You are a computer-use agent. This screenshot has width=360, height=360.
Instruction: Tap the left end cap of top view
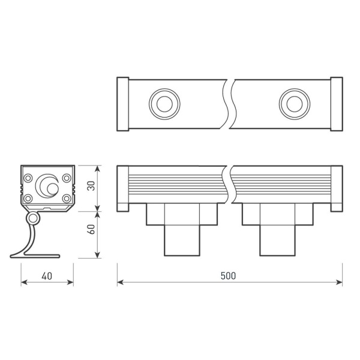point(122,104)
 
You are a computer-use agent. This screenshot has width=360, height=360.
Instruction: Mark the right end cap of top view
point(336,104)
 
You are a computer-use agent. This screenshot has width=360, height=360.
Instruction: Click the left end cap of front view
point(122,188)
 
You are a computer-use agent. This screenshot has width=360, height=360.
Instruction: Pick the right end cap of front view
point(336,188)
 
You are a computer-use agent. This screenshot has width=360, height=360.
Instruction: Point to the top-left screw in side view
point(28,177)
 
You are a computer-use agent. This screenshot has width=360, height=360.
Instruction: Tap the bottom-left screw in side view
point(28,197)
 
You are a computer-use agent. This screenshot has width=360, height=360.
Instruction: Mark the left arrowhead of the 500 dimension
point(120,282)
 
